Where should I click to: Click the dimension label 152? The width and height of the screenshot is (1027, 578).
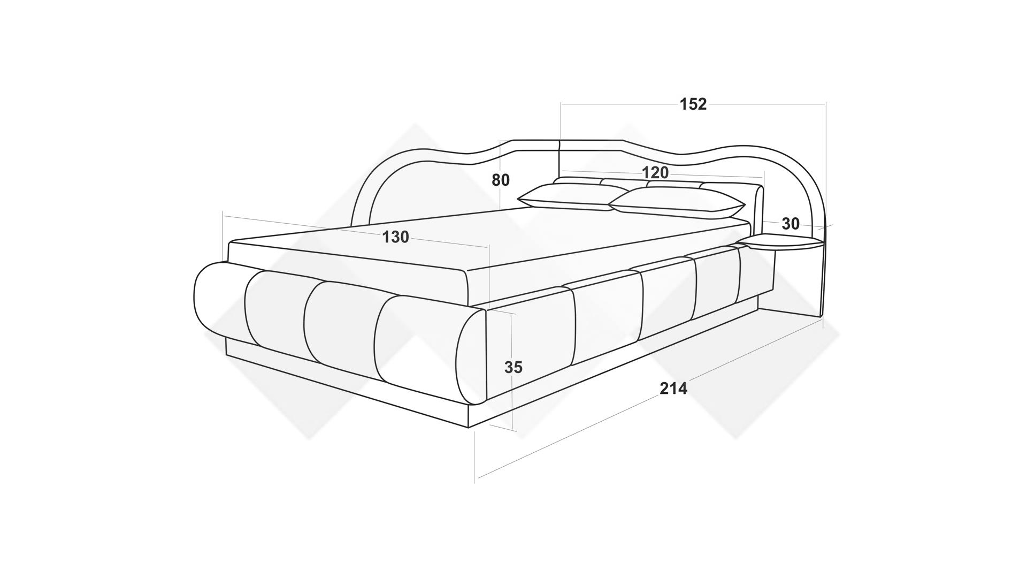[x=693, y=104]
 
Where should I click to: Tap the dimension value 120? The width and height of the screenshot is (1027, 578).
[x=655, y=172]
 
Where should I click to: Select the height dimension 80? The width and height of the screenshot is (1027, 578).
[x=501, y=180]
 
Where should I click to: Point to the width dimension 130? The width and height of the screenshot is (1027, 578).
[x=395, y=237]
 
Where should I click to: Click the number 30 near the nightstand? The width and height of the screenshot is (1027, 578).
[x=791, y=224]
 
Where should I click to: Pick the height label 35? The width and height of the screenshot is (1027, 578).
[x=513, y=367]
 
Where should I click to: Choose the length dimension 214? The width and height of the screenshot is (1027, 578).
[x=673, y=389]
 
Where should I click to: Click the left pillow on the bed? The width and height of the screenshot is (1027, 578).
[x=570, y=197]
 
